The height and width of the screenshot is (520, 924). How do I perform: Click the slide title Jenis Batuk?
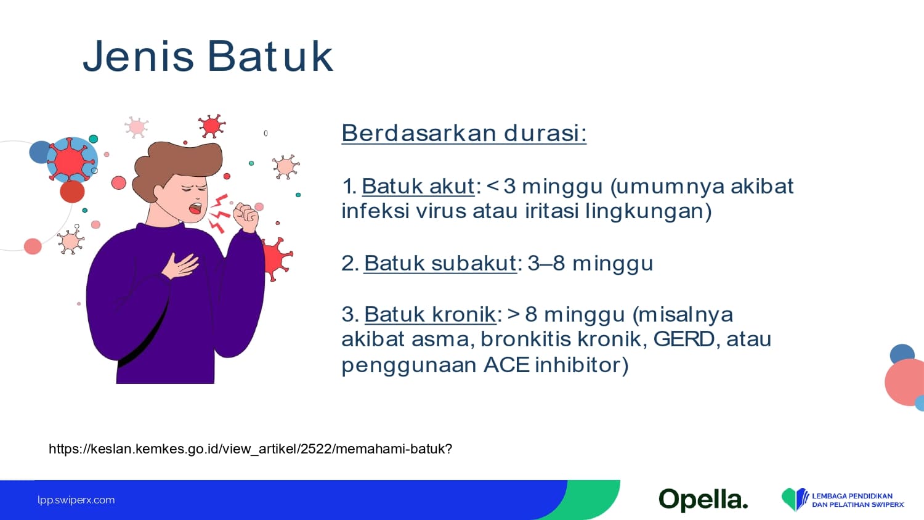point(208,56)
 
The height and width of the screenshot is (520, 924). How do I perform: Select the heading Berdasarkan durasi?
point(464,133)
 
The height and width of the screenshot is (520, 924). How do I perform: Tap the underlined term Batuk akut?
point(418,186)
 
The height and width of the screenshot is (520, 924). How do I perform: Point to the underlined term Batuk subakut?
point(440,263)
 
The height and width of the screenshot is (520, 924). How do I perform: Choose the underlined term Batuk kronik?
point(430,314)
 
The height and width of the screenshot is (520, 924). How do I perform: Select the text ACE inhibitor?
point(556,365)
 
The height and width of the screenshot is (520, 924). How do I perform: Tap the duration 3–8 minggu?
point(590,264)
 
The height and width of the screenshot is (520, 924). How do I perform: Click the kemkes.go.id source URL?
point(250,449)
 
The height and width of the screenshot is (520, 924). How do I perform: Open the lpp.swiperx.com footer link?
point(76,500)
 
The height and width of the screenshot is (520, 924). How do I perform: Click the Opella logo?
point(703,500)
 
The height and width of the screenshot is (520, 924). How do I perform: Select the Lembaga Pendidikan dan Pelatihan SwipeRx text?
point(858,500)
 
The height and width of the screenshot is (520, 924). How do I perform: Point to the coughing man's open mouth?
point(195,208)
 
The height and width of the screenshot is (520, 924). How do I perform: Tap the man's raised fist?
point(246,217)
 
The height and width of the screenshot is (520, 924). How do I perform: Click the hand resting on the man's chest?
point(180,265)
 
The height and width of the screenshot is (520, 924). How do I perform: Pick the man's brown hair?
point(177,165)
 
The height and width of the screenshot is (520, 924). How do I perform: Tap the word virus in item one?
point(441,211)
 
